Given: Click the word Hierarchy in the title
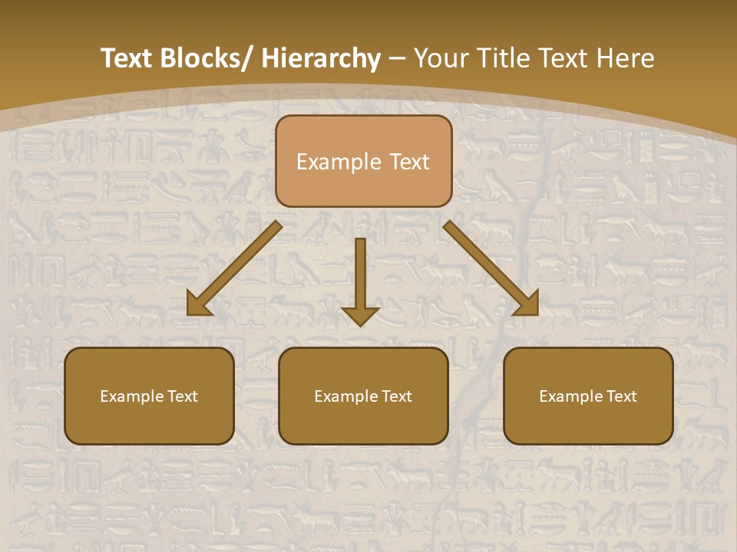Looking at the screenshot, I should tap(321, 58).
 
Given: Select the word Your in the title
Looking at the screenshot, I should tap(440, 58).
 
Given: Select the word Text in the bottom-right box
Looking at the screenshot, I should tap(622, 396).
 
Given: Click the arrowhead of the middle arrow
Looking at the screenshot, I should tap(360, 315).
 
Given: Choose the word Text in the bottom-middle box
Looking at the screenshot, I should tap(397, 396).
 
